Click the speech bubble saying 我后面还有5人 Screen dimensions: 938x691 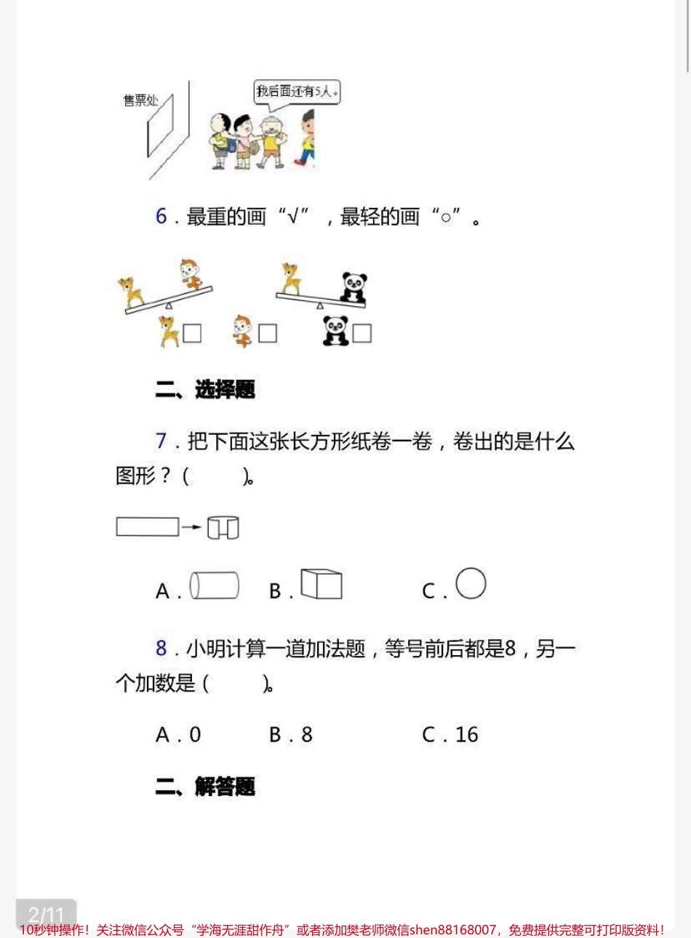coord(297,92)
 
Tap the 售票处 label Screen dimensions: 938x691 coord(140,100)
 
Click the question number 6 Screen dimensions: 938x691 coord(161,216)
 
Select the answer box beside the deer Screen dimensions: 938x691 coord(192,333)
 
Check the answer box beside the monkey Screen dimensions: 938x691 coord(268,333)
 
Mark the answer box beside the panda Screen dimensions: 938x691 coord(362,333)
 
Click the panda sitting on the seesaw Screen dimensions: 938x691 coord(354,288)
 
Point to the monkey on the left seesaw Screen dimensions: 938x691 coord(193,274)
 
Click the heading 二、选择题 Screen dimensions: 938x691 coord(205,390)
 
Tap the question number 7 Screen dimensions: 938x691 coord(161,441)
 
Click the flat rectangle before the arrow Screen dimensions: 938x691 coord(147,526)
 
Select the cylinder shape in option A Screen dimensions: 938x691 coord(215,585)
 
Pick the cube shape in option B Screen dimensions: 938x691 coord(321,584)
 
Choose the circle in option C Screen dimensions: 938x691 coord(471,583)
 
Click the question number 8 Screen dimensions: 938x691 coord(161,648)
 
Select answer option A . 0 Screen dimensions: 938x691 coord(178,735)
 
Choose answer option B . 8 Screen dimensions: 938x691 coord(291,735)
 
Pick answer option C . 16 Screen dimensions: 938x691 coord(450,735)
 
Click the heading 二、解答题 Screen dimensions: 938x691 coord(205,787)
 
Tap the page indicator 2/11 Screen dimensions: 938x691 coord(46,914)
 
